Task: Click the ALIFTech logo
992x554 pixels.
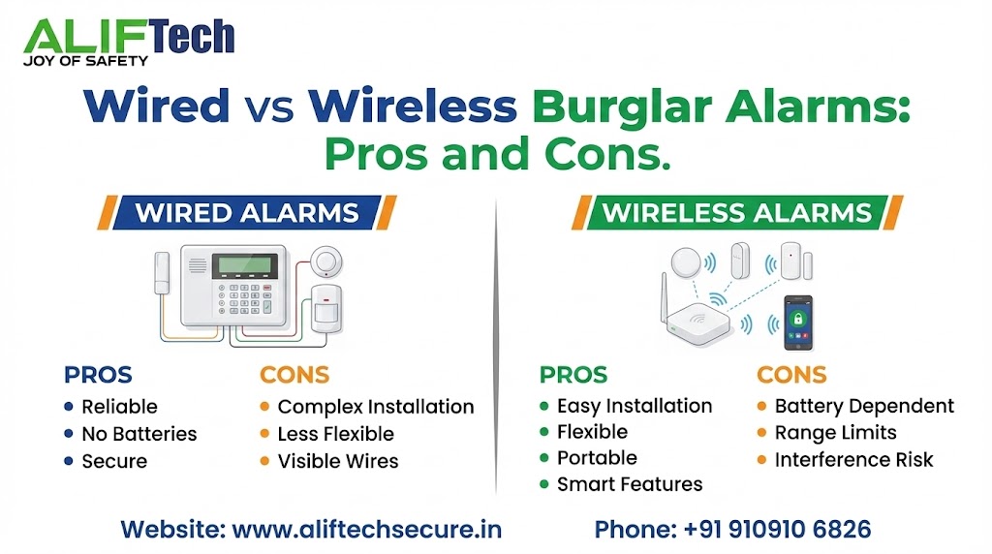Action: click(x=128, y=40)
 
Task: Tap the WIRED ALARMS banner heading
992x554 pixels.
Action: click(x=247, y=212)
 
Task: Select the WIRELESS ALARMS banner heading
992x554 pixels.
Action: click(x=737, y=212)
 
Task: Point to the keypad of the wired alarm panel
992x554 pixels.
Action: click(x=245, y=302)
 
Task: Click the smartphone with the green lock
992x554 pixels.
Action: click(x=798, y=322)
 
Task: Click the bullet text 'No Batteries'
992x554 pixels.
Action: click(x=139, y=434)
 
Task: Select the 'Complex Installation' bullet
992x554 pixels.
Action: click(x=376, y=407)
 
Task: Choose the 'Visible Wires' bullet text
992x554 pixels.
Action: click(x=338, y=461)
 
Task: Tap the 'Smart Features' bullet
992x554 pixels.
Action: click(x=630, y=484)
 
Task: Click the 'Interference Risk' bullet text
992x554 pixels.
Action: click(x=853, y=459)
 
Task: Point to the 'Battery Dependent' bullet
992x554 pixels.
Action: click(x=864, y=406)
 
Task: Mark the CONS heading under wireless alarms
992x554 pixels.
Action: click(x=791, y=375)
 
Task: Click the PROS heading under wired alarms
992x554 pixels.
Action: click(x=98, y=375)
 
